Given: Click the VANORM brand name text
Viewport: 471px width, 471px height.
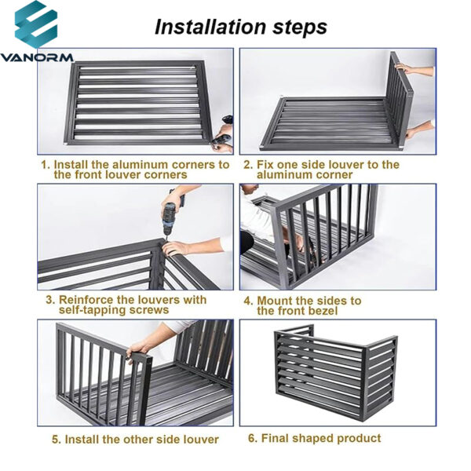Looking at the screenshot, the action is pyautogui.click(x=37, y=57).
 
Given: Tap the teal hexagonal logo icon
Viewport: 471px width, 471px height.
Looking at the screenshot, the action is pyautogui.click(x=36, y=24).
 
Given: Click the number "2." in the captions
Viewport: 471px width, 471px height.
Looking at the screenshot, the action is pyautogui.click(x=248, y=165).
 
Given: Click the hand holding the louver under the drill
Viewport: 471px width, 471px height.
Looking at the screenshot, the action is pyautogui.click(x=177, y=248).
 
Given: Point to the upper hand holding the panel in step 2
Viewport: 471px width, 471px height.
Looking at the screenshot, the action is pyautogui.click(x=406, y=68).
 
